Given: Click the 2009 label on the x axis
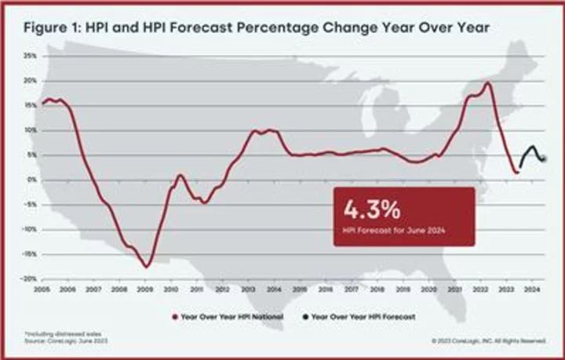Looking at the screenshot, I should click(x=146, y=289).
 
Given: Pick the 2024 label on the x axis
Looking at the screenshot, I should click(x=530, y=289).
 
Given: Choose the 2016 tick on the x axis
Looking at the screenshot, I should click(x=326, y=289).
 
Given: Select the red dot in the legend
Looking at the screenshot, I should click(x=174, y=318).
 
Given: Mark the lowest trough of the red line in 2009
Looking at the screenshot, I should click(x=146, y=267).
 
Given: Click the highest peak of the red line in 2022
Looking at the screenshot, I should click(x=488, y=82).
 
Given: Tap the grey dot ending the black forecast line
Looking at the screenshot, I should click(x=545, y=159).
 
